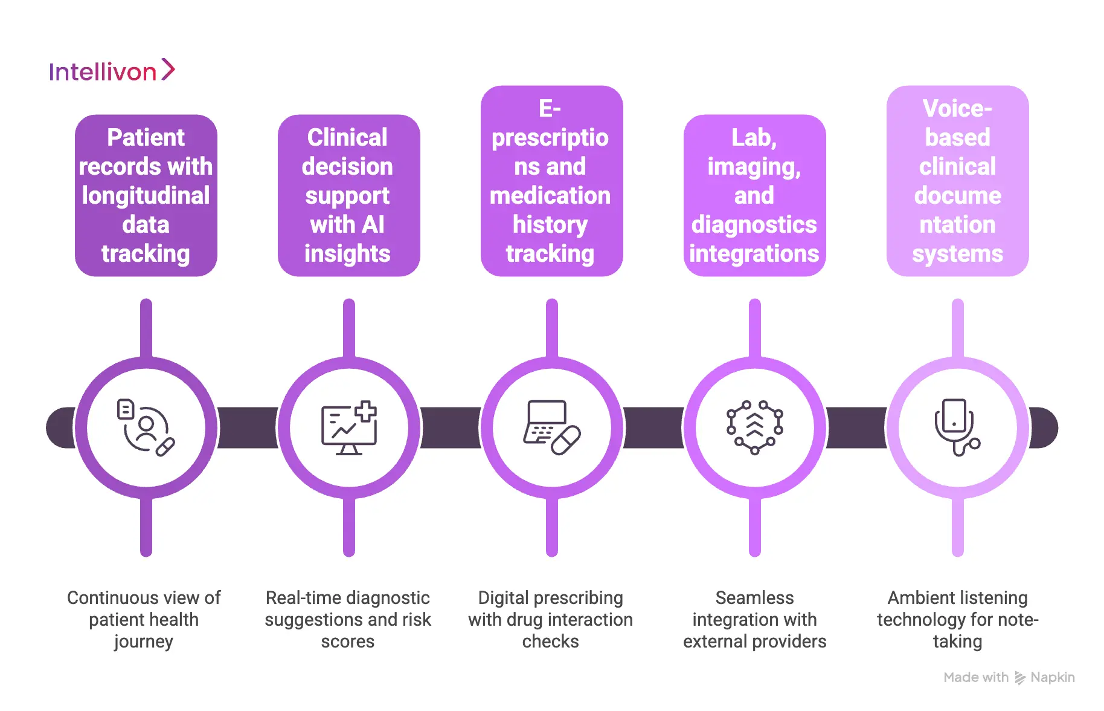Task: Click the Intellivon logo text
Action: coord(103,72)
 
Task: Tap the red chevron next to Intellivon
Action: coord(168,70)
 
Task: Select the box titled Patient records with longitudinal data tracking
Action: coord(146,195)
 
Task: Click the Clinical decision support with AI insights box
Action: coord(348,195)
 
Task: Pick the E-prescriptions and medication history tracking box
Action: coord(551,181)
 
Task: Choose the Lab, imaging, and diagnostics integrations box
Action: coord(754,195)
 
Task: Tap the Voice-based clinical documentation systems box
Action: coord(957,181)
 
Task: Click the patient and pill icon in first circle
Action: coord(146,427)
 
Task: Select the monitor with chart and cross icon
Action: coord(348,427)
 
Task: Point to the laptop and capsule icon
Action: coord(551,427)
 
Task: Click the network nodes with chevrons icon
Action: coord(754,427)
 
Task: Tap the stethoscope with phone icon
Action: coord(957,427)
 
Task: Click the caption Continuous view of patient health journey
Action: coord(144,619)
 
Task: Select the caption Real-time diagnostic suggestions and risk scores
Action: coord(348,619)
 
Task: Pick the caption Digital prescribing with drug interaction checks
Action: coord(551,619)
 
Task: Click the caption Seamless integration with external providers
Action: coord(754,619)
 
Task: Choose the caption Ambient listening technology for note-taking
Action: coord(957,619)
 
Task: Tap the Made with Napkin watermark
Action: coord(1009,678)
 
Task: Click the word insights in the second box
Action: coord(347,253)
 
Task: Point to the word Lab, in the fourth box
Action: coord(754,138)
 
